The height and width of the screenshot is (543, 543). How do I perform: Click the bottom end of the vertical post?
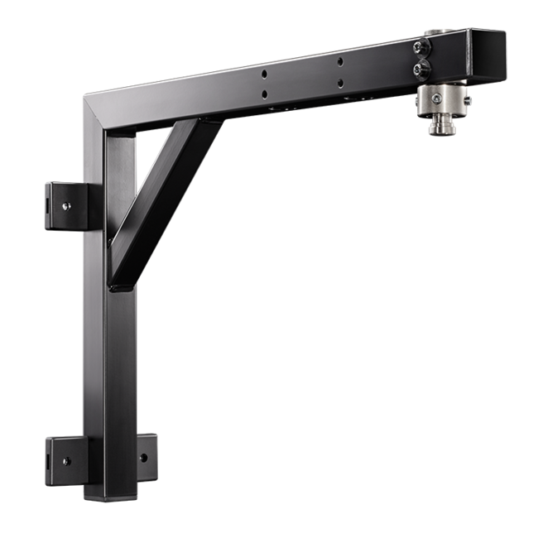point(107,493)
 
